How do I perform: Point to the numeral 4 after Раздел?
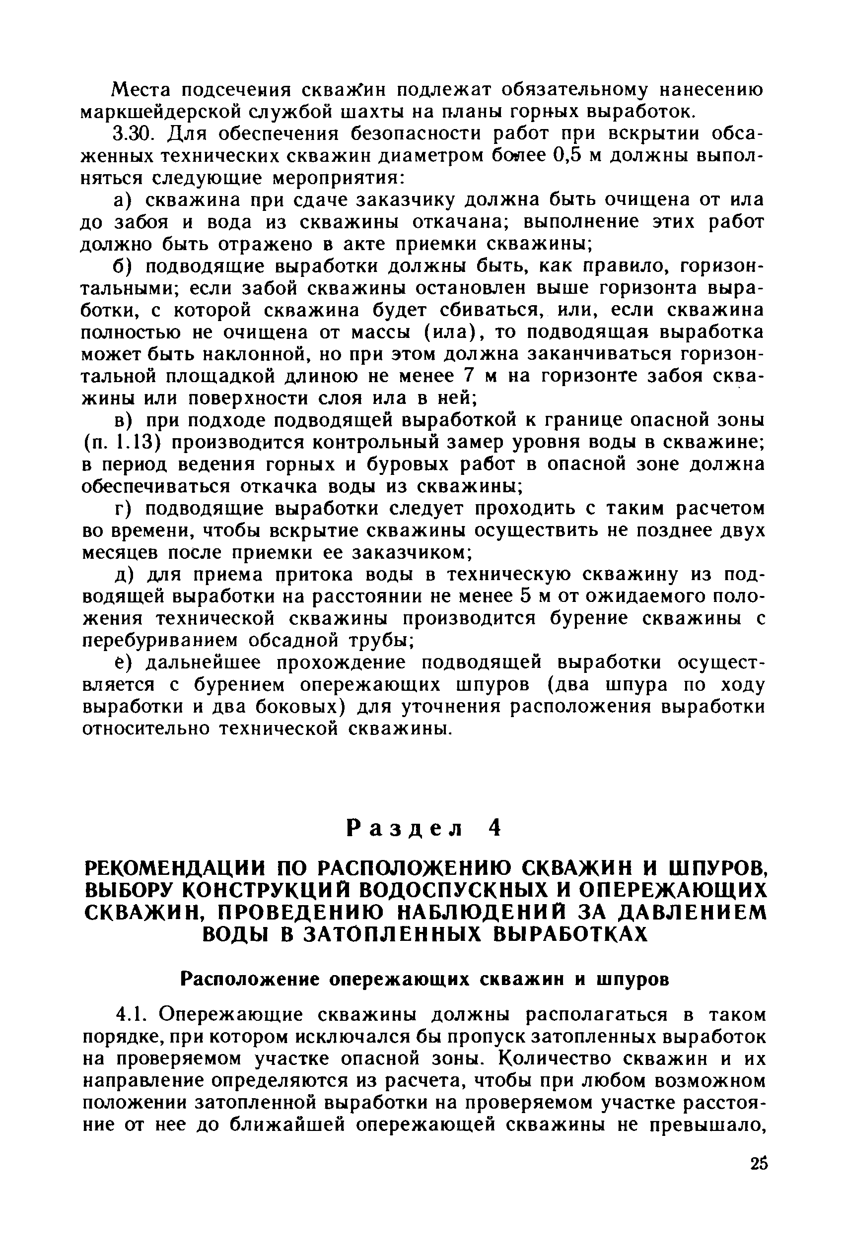(494, 828)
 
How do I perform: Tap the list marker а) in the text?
(122, 199)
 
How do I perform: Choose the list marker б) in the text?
(122, 266)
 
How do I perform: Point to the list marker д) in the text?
(122, 576)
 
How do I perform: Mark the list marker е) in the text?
(122, 663)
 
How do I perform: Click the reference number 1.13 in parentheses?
(130, 442)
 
